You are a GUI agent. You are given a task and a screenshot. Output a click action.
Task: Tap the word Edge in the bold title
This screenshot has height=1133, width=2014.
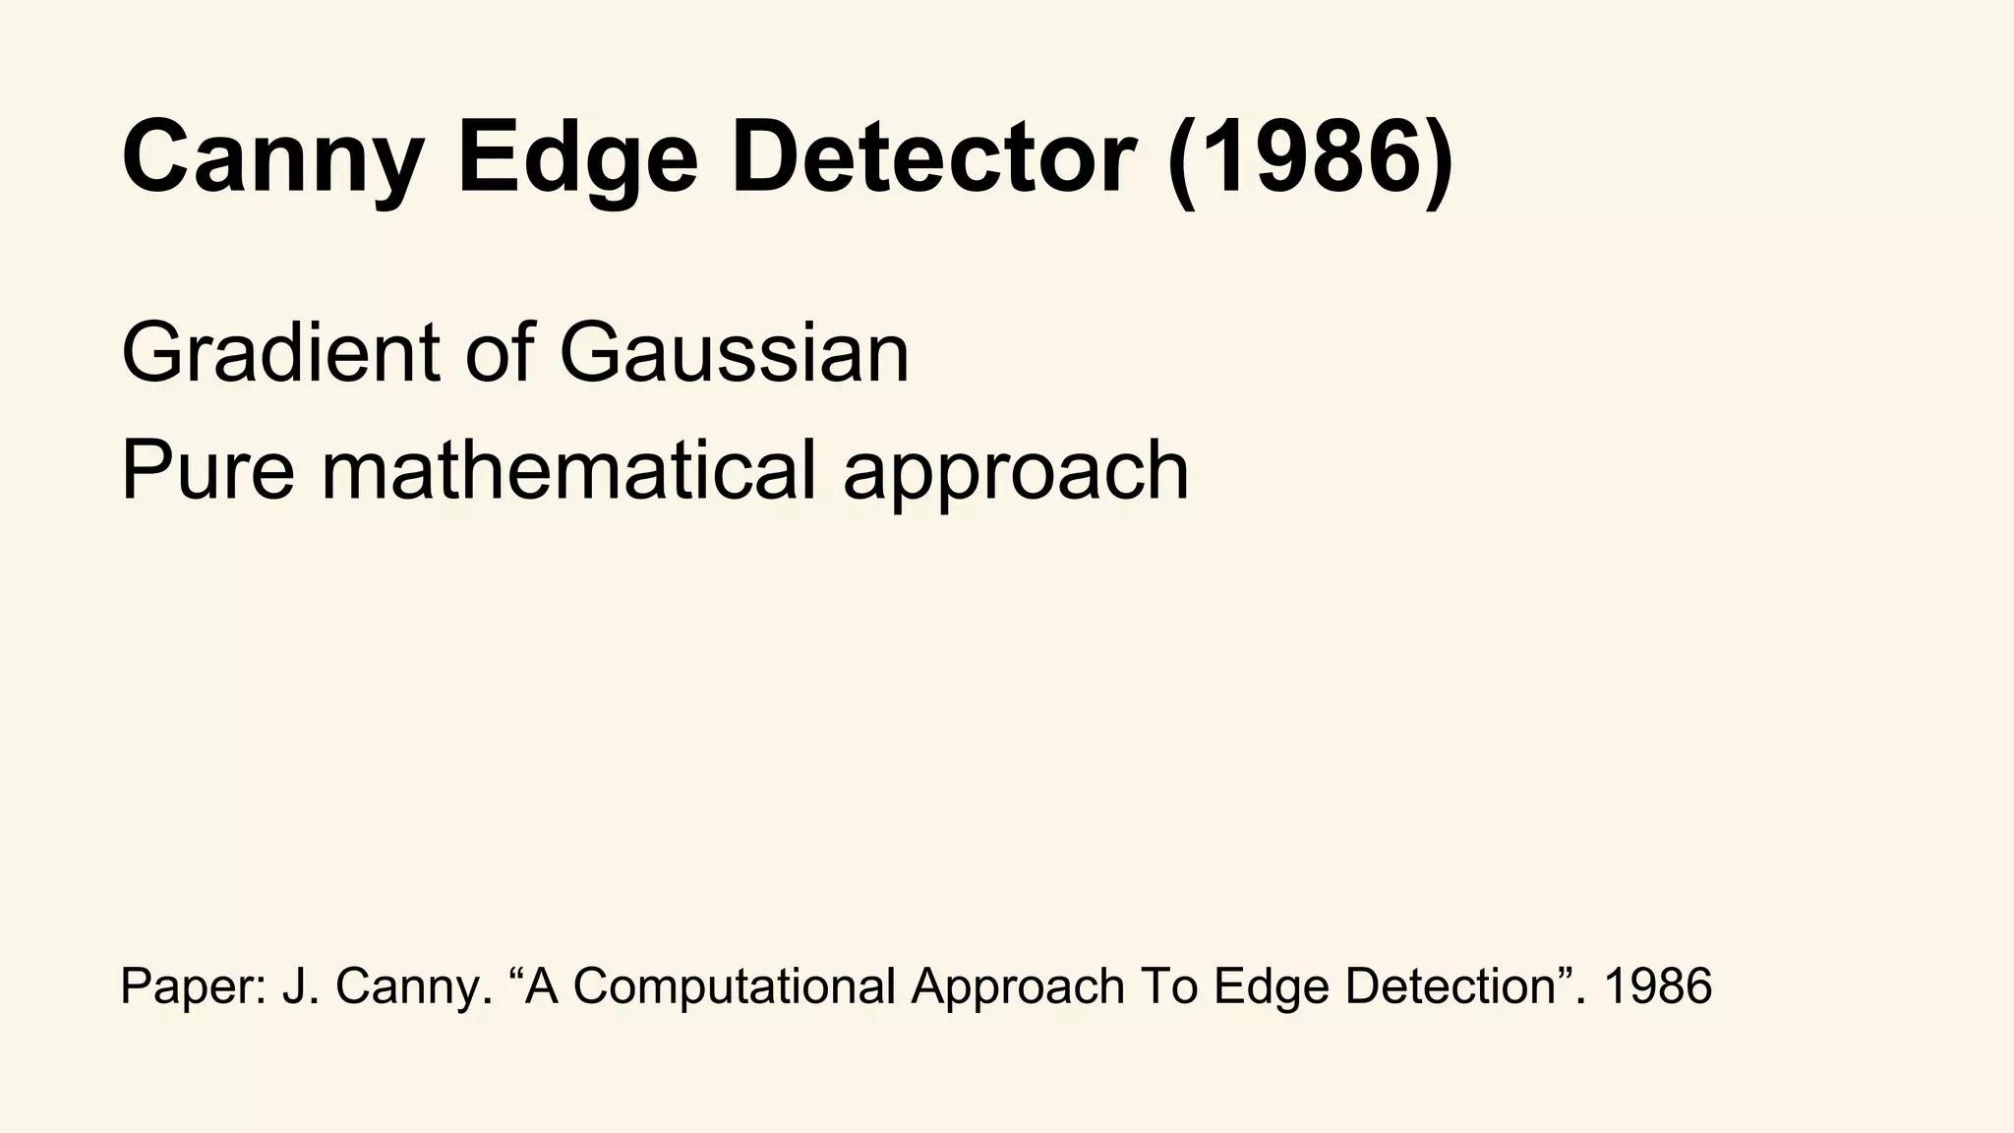pyautogui.click(x=577, y=157)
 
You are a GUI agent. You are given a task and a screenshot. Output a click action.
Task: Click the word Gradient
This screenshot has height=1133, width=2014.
pyautogui.click(x=280, y=353)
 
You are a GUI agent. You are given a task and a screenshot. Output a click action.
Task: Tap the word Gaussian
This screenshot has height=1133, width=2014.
pyautogui.click(x=734, y=353)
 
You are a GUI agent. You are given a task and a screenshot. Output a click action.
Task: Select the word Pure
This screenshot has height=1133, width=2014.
pyautogui.click(x=207, y=470)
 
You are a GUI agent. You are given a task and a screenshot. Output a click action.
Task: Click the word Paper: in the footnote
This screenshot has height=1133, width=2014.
pyautogui.click(x=193, y=985)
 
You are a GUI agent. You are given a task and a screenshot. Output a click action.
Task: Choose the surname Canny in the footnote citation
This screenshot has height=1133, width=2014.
pyautogui.click(x=414, y=987)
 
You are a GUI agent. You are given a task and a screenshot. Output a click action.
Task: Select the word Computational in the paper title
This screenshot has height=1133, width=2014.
pyautogui.click(x=734, y=987)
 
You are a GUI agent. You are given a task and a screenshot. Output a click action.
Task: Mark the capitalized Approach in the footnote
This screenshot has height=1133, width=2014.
pyautogui.click(x=1018, y=987)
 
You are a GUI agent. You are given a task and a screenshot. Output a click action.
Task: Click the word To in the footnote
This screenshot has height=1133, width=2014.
pyautogui.click(x=1170, y=985)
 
